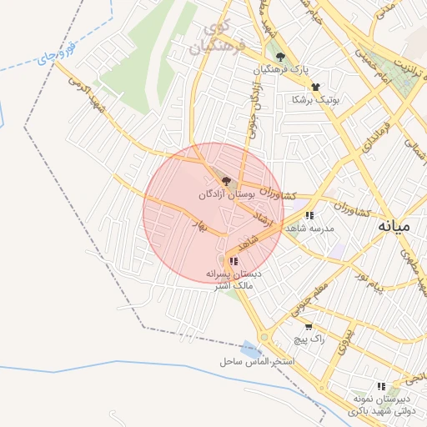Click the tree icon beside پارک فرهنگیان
coord(279,57)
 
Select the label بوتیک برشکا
coord(315,99)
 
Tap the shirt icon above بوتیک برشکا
coord(315,87)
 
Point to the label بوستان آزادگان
coord(225,193)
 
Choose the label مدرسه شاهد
coord(309,228)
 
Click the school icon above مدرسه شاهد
coord(309,215)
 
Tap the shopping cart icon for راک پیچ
coord(309,327)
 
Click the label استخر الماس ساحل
coord(258,362)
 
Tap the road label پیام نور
coord(368,280)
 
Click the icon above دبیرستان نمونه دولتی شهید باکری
coord(381,386)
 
